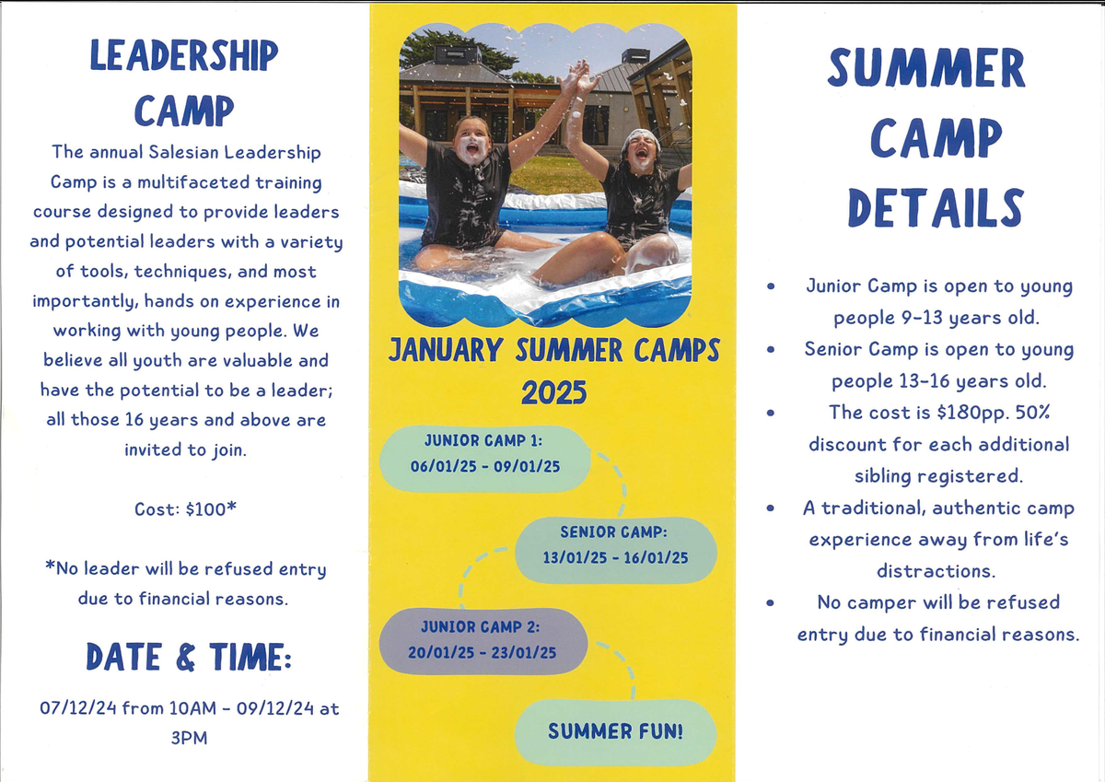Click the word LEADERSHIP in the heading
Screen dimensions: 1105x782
184,55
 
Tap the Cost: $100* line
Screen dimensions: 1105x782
185,508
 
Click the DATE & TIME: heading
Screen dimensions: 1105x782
189,657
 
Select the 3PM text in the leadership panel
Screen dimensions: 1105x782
189,738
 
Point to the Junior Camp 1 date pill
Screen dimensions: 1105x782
485,459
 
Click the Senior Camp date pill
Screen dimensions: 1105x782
616,550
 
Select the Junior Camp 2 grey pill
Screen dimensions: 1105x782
483,641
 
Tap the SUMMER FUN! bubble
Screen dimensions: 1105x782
615,732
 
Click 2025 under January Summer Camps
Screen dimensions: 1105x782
554,393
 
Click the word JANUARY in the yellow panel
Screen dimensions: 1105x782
446,350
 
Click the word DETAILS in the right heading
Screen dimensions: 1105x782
936,208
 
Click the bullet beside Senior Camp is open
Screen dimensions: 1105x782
771,350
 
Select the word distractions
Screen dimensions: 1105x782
936,571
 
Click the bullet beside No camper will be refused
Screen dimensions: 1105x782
771,602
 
